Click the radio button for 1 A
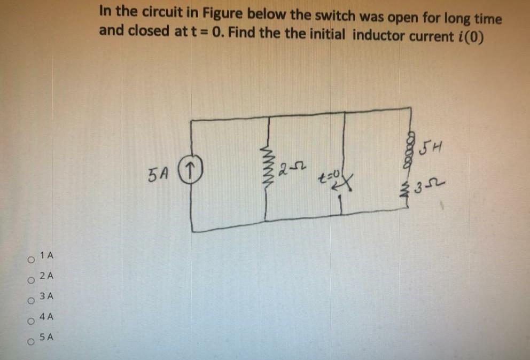(x=32, y=261)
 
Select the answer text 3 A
(x=47, y=296)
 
